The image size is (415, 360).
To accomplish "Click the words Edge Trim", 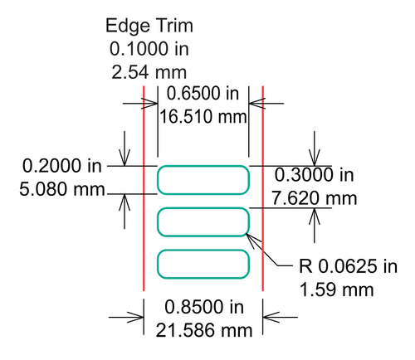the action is point(149,26).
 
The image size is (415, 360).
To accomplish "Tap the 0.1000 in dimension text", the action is point(149,49).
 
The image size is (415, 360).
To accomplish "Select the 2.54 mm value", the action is point(149,72).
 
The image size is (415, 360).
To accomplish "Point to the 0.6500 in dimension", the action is point(203,93).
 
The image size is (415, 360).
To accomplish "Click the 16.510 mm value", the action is point(203,117).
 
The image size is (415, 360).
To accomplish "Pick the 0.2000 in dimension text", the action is point(62,166).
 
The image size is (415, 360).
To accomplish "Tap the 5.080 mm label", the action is point(62,189).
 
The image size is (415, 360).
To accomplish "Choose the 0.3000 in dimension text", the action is point(315,175).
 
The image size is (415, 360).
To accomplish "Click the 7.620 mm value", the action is point(315,198).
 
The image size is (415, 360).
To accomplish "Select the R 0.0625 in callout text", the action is point(348,266).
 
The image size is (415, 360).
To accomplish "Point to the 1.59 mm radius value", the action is point(336,289).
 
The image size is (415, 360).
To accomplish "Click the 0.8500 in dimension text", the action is point(204,307).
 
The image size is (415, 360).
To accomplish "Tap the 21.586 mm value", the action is point(204,330).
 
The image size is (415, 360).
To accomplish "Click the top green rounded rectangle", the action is point(203,166).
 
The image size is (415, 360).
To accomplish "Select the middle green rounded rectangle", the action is point(203,208).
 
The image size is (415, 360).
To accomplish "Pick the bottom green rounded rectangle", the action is point(203,250).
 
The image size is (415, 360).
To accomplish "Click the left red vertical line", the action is point(144,188).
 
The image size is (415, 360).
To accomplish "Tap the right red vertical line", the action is point(263,188).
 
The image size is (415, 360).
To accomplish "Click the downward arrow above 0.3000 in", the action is point(315,148).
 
